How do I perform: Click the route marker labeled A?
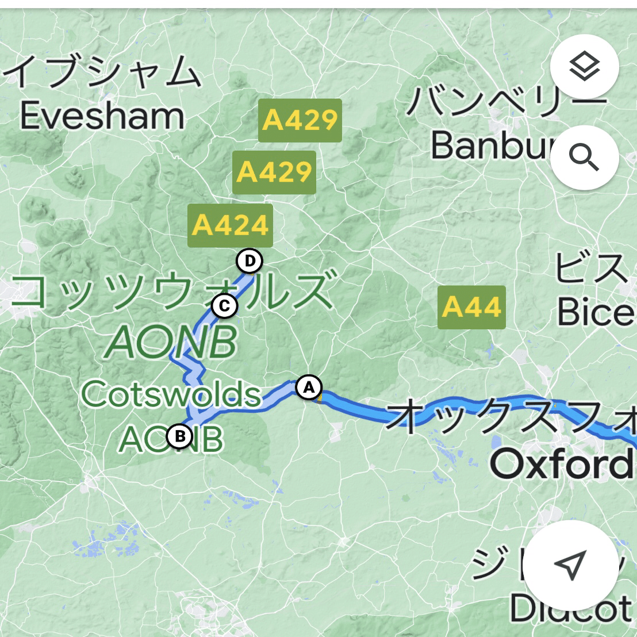tap(309, 387)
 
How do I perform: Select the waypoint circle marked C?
tap(224, 306)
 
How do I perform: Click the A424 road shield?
tap(230, 225)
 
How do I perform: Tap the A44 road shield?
tap(471, 308)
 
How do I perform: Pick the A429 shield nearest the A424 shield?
tap(274, 172)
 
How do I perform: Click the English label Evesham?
tap(102, 117)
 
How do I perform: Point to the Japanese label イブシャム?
tap(103, 72)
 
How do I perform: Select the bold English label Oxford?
tap(561, 465)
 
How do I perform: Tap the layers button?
tap(584, 67)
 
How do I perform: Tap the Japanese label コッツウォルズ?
tap(172, 291)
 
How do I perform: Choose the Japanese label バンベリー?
tap(506, 101)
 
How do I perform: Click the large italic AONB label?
tap(171, 343)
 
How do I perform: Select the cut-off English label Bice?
tap(595, 313)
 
